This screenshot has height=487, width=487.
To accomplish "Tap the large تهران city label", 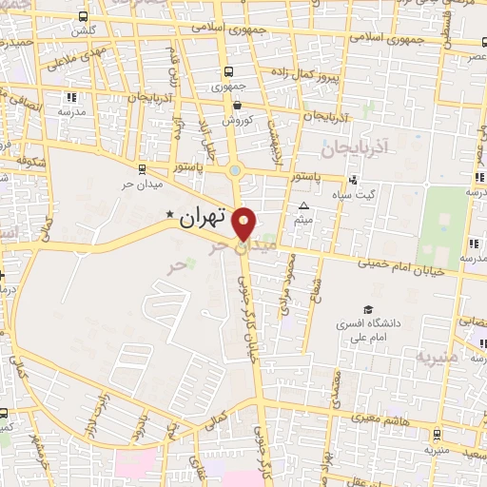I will [x=204, y=216].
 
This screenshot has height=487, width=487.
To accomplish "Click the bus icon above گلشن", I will [x=84, y=17].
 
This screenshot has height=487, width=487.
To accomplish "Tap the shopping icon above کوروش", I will [x=237, y=106].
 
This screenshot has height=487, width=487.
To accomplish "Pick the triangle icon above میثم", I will [x=304, y=205].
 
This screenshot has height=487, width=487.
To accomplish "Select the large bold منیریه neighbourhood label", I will [x=437, y=358].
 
